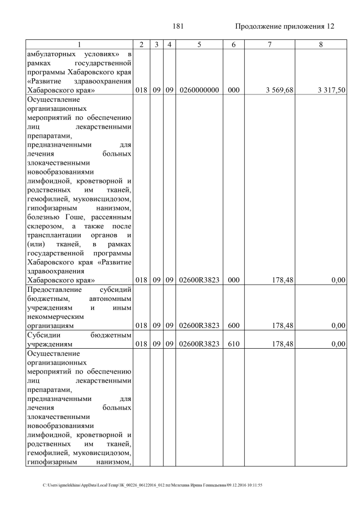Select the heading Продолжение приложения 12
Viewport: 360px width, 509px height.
[x=284, y=26]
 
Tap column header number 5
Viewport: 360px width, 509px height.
[x=199, y=44]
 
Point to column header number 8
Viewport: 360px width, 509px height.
[x=320, y=44]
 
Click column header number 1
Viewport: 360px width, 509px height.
[x=79, y=44]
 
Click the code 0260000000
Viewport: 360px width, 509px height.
[x=199, y=90]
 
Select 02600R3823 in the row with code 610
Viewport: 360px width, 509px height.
[x=199, y=344]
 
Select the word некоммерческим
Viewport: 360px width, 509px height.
[x=55, y=316]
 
